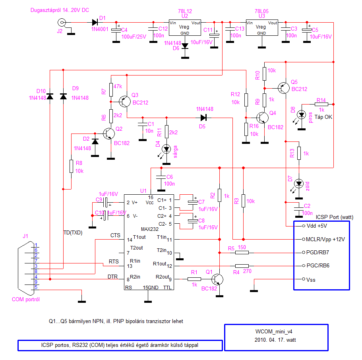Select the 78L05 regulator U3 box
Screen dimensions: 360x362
[x=261, y=28]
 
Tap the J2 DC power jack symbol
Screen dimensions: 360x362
[x=61, y=23]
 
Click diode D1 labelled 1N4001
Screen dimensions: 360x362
[x=95, y=23]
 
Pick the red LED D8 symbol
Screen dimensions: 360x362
[x=301, y=115]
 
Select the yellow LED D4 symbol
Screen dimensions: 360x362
[x=166, y=149]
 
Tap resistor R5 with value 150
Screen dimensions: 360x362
[x=242, y=252]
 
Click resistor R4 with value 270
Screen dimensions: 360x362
[x=242, y=266]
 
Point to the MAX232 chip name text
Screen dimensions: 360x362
[x=149, y=229]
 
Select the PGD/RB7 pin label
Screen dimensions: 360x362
[x=318, y=252]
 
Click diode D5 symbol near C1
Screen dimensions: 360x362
[x=204, y=117]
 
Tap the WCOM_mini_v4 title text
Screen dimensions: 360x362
[x=274, y=331]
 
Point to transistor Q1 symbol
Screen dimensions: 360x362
[x=217, y=279]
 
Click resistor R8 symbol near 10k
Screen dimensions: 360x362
[x=71, y=166]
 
